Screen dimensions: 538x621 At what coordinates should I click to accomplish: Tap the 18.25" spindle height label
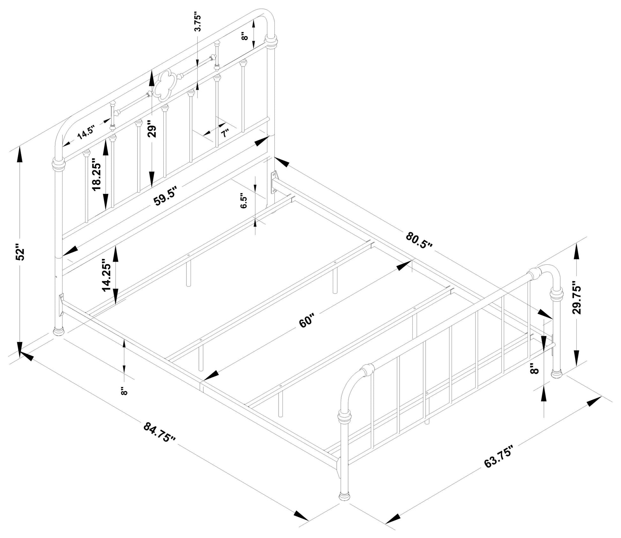click(x=97, y=175)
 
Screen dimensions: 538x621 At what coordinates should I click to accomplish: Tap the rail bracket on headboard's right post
click(x=274, y=182)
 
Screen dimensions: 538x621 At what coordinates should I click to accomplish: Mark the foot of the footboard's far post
click(x=557, y=374)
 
